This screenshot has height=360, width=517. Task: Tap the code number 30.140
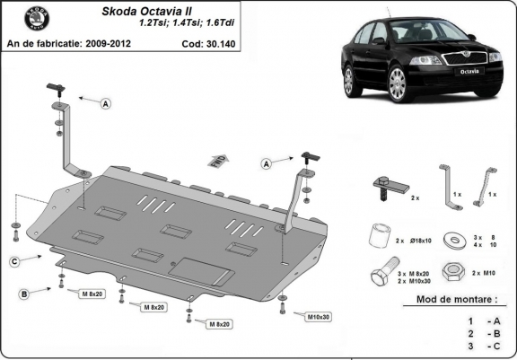click(223, 42)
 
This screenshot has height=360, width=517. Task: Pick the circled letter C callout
click(15, 262)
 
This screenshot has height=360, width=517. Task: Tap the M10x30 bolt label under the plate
click(315, 316)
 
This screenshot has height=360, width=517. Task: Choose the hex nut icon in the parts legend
click(456, 272)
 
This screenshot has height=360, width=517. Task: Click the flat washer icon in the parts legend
click(456, 239)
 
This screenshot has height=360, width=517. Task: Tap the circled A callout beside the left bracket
click(106, 105)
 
